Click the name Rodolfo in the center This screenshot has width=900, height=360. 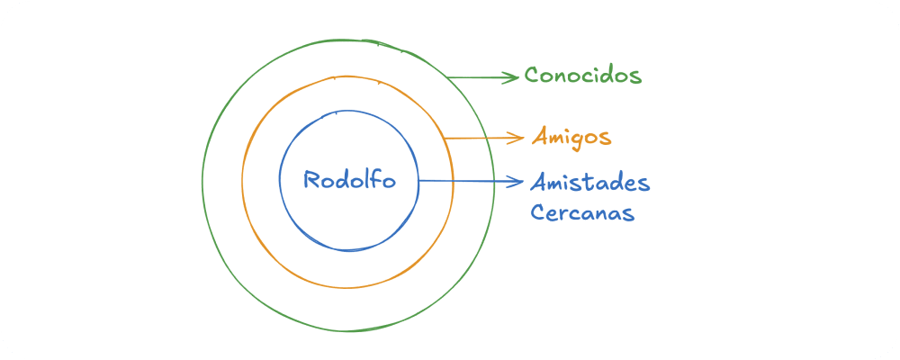348,179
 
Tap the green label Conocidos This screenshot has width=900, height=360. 583,75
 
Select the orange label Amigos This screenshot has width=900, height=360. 571,138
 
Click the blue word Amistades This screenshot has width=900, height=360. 590,183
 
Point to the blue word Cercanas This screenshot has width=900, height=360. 582,213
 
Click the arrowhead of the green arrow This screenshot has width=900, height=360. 515,77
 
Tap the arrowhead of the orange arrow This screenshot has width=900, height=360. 518,137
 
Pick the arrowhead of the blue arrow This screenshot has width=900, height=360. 517,182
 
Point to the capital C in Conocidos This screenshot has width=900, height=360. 532,75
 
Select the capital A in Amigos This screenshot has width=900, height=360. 539,137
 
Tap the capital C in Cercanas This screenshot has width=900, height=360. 537,213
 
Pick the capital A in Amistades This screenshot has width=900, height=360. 538,183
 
